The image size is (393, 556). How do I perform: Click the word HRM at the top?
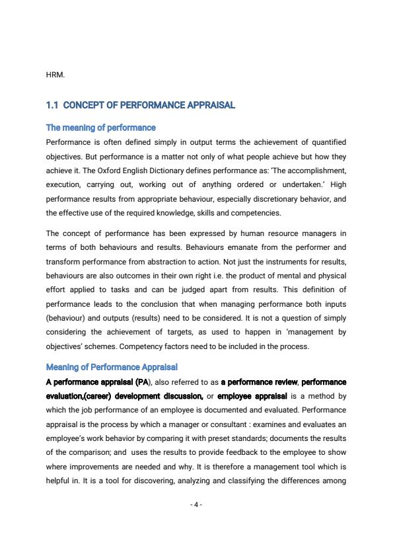click(x=55, y=75)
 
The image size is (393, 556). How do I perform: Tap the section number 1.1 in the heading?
click(x=53, y=105)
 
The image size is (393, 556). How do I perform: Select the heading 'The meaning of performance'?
click(x=100, y=128)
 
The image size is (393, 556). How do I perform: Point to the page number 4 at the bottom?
click(x=196, y=505)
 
